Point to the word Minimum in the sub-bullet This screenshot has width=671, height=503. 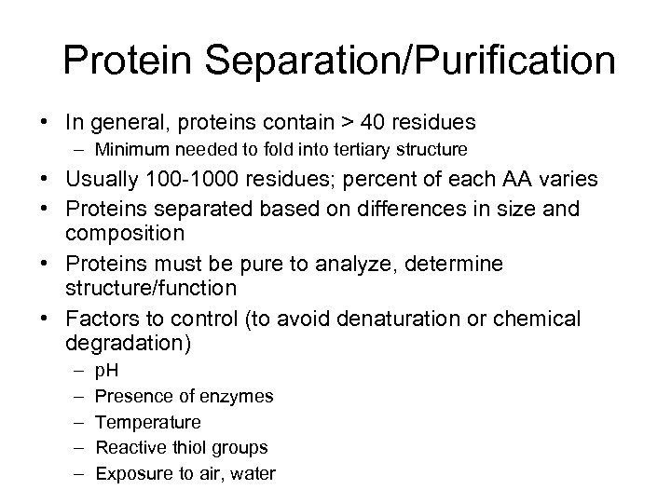click(130, 149)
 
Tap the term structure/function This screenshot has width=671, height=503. click(154, 288)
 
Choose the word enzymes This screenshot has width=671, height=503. click(240, 397)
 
